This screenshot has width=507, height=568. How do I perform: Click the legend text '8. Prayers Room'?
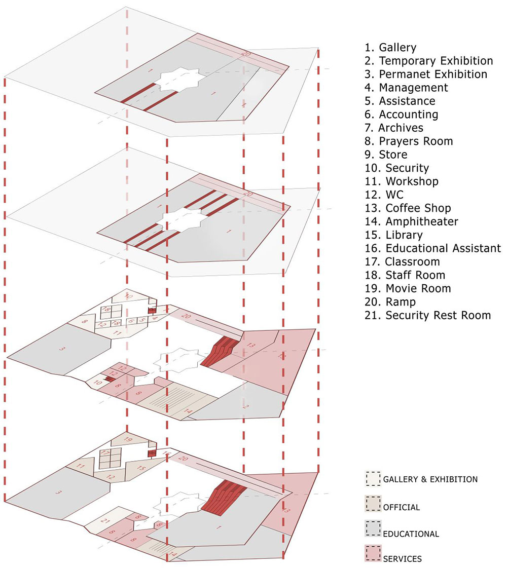408,141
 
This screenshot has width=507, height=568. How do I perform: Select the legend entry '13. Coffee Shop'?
408,208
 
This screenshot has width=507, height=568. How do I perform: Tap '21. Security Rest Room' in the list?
427,315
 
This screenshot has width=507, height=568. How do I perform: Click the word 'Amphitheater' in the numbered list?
422,221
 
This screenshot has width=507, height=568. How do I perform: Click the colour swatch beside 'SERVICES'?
373,553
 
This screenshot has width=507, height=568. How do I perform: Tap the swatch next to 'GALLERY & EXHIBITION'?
373,478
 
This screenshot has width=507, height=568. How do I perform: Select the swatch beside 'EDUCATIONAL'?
373,528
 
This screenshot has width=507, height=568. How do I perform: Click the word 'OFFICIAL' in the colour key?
402,507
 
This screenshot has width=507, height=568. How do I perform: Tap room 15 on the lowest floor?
141,468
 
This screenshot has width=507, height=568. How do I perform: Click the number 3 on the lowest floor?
59,492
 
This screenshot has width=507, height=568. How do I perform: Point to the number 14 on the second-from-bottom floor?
188,411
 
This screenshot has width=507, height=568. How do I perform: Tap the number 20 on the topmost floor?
247,54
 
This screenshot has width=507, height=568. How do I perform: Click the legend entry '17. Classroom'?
402,261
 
